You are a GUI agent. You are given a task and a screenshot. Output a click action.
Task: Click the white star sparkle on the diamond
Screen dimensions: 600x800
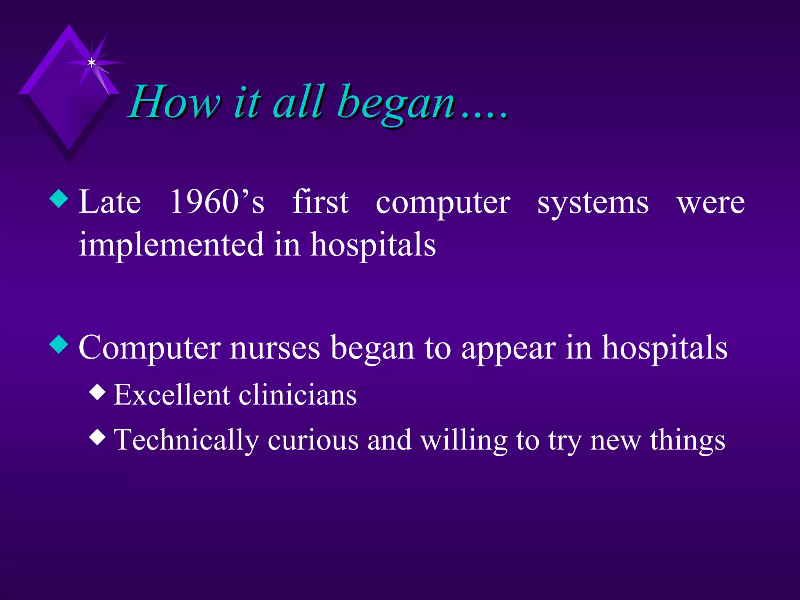pos(91,62)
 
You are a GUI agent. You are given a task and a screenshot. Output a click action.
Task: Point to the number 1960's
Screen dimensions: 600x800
pos(217,202)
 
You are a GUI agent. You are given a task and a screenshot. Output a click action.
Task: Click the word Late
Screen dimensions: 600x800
pos(109,202)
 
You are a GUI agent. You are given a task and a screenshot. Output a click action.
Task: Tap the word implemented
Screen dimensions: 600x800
pos(171,245)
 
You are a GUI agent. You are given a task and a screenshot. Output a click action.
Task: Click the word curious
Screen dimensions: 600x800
pos(313,440)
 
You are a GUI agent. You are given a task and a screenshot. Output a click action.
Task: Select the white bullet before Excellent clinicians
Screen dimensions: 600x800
pos(97,392)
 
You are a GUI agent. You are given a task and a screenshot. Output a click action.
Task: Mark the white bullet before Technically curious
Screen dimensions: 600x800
pos(97,437)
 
